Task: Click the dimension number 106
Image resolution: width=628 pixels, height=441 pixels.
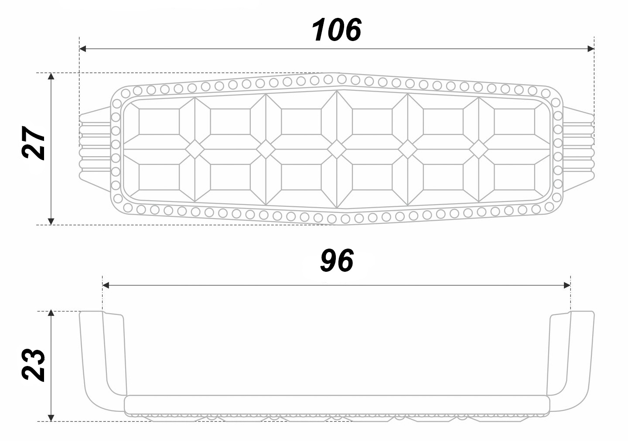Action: coord(336,30)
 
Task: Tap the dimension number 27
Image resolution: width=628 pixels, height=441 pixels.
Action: coord(34,144)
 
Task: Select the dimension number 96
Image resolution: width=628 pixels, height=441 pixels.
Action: coord(336,261)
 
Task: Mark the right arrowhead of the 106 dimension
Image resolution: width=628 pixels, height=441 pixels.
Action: coord(590,49)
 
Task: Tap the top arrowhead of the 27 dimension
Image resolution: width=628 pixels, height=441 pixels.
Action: coord(51,77)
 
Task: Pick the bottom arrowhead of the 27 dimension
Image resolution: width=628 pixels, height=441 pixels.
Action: coord(51,221)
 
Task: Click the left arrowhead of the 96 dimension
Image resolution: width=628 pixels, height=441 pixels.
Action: coord(106,285)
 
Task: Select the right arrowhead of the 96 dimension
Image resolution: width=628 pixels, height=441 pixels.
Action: coord(567,285)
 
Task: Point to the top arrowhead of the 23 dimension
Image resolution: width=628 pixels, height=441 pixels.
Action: coord(51,315)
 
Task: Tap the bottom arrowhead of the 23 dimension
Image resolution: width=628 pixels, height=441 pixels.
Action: coord(51,418)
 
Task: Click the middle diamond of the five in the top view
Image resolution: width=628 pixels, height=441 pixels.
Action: coord(336,149)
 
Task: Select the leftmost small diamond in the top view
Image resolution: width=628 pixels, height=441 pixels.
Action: coord(195,149)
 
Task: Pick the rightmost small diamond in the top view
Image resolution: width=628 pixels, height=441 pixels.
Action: coord(478,149)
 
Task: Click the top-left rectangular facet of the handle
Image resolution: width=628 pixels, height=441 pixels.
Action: coord(159,121)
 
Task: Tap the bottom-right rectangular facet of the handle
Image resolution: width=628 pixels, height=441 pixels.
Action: coord(514,177)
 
